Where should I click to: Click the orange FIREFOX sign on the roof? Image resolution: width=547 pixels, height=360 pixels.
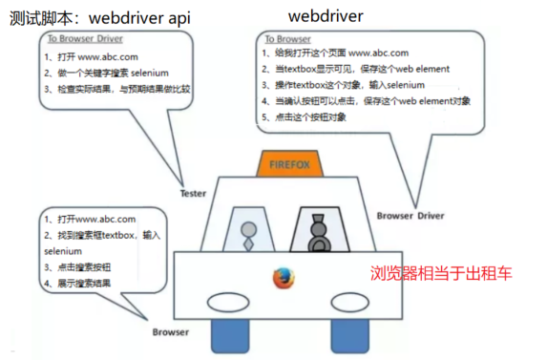[287, 164]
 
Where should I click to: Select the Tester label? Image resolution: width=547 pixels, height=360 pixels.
[194, 194]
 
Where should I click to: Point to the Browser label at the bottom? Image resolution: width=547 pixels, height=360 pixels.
[170, 332]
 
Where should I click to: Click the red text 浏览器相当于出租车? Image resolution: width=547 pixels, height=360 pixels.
[440, 274]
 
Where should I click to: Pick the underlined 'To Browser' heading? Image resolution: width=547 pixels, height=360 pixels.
[283, 39]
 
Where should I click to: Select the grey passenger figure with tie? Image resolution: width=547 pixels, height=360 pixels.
[248, 234]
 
